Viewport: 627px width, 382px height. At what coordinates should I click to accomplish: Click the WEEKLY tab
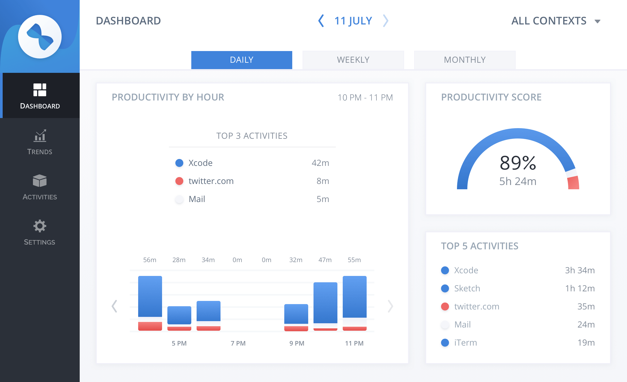tap(353, 60)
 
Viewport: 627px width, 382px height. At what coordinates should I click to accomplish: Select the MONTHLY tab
tap(465, 60)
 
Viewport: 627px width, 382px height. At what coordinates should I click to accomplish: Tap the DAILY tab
tap(242, 60)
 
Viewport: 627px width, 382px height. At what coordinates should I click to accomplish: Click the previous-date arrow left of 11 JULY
tap(321, 21)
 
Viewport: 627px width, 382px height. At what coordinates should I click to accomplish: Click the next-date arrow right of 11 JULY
tap(385, 21)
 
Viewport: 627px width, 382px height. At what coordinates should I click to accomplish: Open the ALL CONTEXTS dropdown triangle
tap(598, 22)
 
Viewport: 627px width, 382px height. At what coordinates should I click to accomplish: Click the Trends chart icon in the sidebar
tap(40, 136)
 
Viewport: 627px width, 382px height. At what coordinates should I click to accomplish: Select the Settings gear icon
tap(40, 226)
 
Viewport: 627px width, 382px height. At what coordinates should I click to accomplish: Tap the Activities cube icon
tap(40, 181)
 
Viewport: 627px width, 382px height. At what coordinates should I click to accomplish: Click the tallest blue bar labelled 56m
tap(150, 296)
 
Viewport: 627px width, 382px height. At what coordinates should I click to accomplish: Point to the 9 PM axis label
tap(297, 343)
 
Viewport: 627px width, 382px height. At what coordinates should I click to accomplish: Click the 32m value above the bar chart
tap(296, 260)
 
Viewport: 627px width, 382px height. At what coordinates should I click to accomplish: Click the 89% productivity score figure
tap(518, 163)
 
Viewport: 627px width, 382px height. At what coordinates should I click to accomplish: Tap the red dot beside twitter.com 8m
tap(179, 181)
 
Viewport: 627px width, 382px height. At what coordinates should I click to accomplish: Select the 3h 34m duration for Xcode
tap(580, 270)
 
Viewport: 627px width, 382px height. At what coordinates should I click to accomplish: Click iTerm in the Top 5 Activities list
tap(465, 343)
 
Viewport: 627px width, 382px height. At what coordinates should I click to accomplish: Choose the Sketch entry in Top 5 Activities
tap(467, 288)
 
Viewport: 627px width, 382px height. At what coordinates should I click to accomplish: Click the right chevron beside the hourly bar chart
tap(390, 306)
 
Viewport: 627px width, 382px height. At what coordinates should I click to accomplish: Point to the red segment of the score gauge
tap(573, 183)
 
